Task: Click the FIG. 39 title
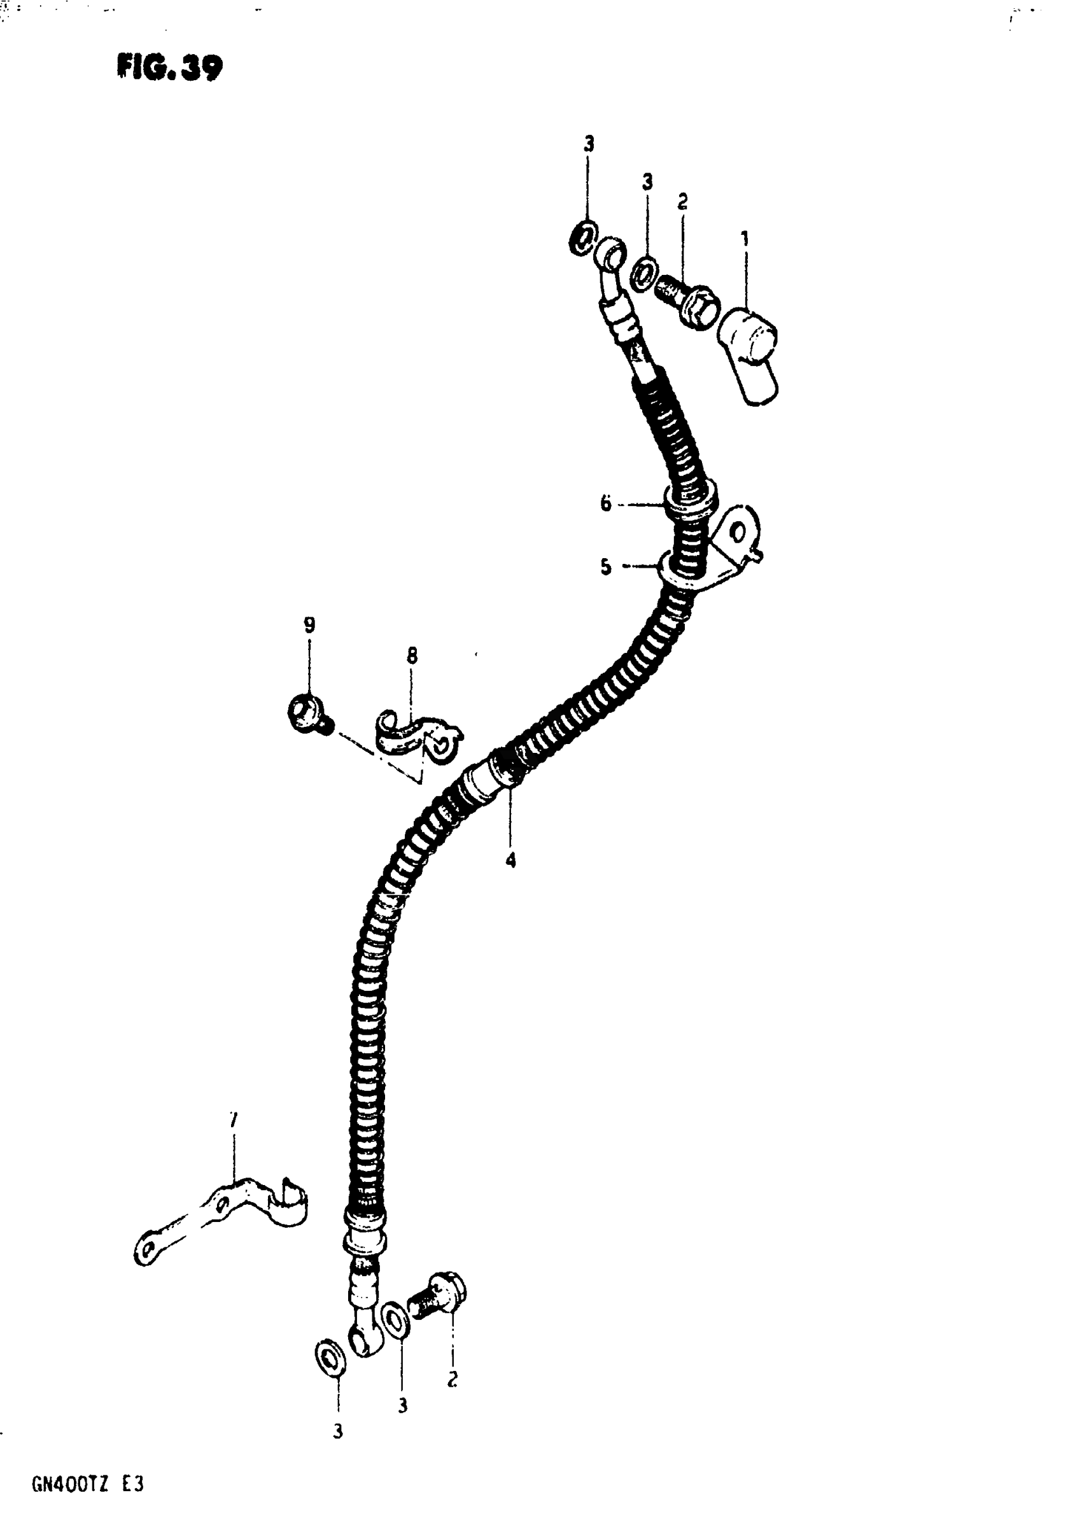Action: coord(169,67)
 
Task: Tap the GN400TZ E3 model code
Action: coord(87,1485)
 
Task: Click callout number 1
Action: coord(745,238)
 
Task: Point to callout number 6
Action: coord(605,503)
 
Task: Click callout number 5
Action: coord(605,567)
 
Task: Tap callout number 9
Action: coord(309,625)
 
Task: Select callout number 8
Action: coord(412,655)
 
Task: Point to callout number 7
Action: coord(233,1119)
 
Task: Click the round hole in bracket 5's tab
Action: coord(738,533)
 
